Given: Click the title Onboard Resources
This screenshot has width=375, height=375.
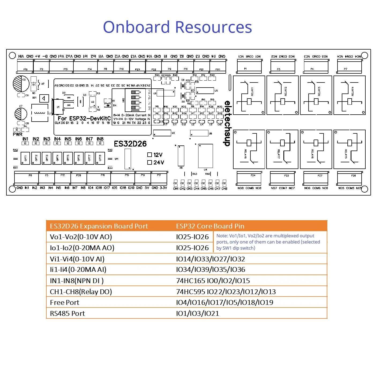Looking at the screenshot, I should coord(177,27).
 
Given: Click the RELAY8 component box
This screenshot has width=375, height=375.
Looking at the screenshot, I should coord(249,149).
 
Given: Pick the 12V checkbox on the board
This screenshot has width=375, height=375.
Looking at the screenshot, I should coord(150,155).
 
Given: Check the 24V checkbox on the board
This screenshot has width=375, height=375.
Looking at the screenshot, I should coord(150,162).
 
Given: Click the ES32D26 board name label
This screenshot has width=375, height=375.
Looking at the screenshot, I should coord(130,144).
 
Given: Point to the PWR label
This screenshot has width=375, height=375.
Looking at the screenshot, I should coord(18,134).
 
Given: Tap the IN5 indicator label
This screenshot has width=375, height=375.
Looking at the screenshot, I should coord(68,139).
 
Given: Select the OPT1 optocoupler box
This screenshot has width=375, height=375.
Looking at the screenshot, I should coord(25,158).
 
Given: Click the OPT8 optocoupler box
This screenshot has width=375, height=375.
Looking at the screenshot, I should coord(100,158).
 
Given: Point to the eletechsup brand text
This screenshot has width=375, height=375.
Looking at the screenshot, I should coord(227,123).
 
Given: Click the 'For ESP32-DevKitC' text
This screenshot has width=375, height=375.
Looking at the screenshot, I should coord(84,118).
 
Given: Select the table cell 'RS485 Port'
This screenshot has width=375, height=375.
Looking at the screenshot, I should coord(67,313).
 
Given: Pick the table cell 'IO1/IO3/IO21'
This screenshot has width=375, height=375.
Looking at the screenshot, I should coord(197,313).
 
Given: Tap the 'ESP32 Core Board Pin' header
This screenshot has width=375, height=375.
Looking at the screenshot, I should coord(210,226).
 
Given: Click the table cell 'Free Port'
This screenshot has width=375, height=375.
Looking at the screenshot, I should coord(65,302).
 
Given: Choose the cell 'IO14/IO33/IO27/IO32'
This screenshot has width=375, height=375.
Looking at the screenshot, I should coord(211,259).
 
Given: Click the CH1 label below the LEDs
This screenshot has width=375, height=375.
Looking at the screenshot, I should coord(176,189).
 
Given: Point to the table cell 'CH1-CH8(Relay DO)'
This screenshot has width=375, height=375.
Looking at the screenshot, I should coord(81,292).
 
